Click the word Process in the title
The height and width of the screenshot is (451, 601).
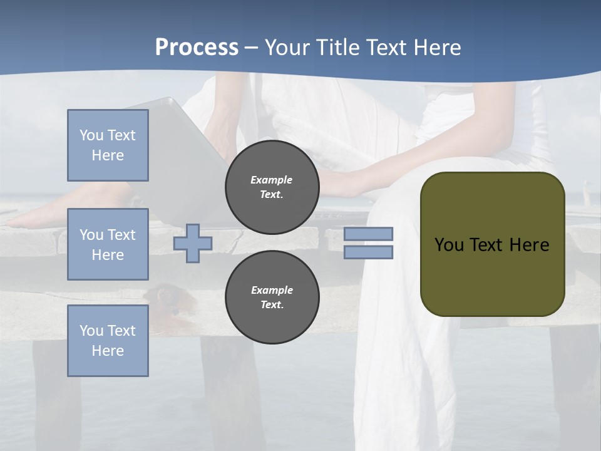tap(197, 48)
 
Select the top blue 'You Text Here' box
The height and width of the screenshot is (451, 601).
tap(108, 145)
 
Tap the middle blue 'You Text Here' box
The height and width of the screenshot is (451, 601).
tap(108, 244)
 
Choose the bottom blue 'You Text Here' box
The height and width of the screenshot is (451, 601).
tap(108, 341)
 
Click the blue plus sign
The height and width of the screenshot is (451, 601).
tap(193, 244)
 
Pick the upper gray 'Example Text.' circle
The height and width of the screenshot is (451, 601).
tap(272, 187)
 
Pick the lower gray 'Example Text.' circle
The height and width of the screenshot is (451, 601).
tap(272, 298)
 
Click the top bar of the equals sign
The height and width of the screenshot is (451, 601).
tap(368, 234)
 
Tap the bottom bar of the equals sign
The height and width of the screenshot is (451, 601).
tap(368, 252)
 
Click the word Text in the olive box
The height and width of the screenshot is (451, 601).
tap(488, 245)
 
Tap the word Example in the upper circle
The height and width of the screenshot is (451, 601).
tap(272, 180)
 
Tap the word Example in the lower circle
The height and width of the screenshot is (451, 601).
tap(272, 291)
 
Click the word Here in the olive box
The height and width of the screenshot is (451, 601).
tap(529, 245)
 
